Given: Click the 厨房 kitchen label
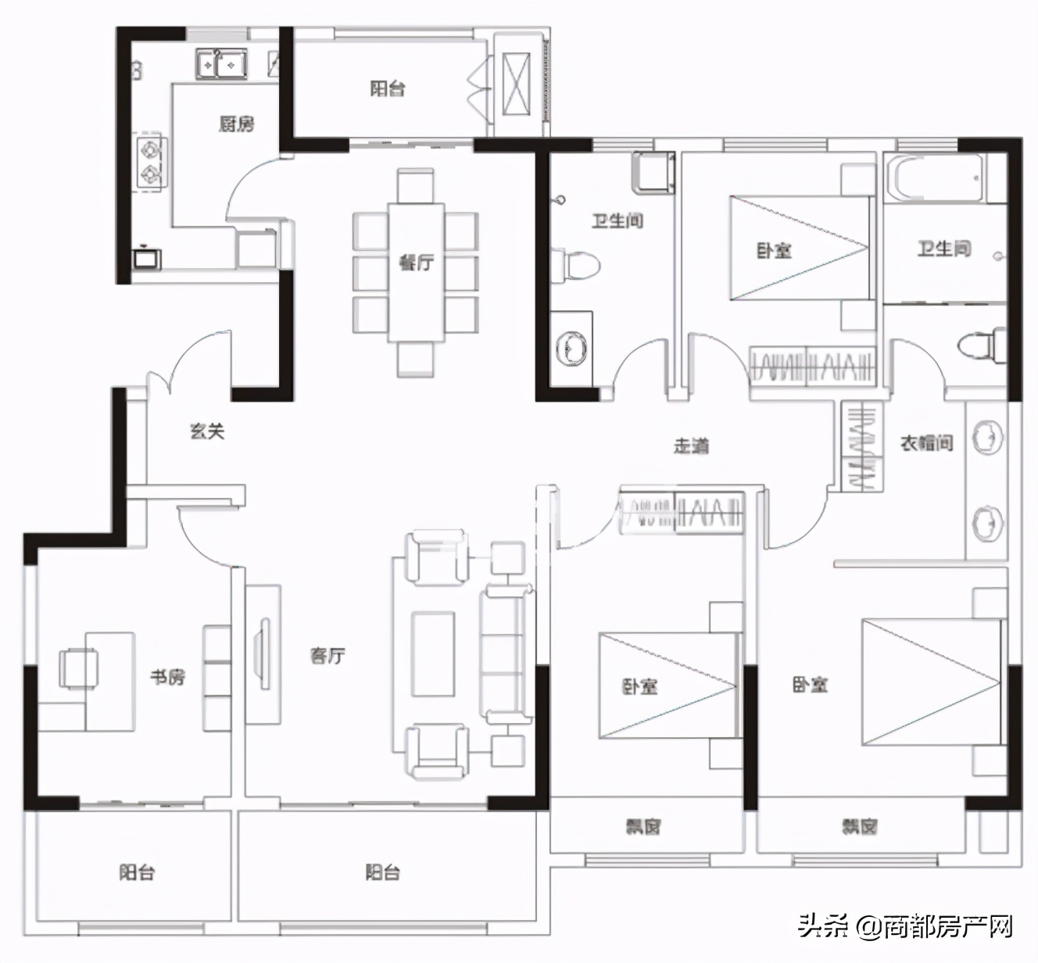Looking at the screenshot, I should [236, 124].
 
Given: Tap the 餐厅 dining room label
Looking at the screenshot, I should [416, 263].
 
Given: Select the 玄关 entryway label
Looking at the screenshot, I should [207, 431].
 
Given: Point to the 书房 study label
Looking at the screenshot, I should [168, 677].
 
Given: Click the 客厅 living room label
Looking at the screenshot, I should [328, 656].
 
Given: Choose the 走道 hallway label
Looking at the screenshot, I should [691, 446].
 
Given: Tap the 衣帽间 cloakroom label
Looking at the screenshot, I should [926, 442].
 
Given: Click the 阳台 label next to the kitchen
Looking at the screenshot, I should [388, 88].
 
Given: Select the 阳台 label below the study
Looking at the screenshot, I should [137, 872].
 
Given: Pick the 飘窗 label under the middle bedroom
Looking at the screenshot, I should [643, 826].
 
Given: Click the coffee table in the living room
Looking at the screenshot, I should [433, 653].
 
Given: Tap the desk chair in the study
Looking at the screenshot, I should [78, 668].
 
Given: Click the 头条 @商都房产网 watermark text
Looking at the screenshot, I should [905, 928].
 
